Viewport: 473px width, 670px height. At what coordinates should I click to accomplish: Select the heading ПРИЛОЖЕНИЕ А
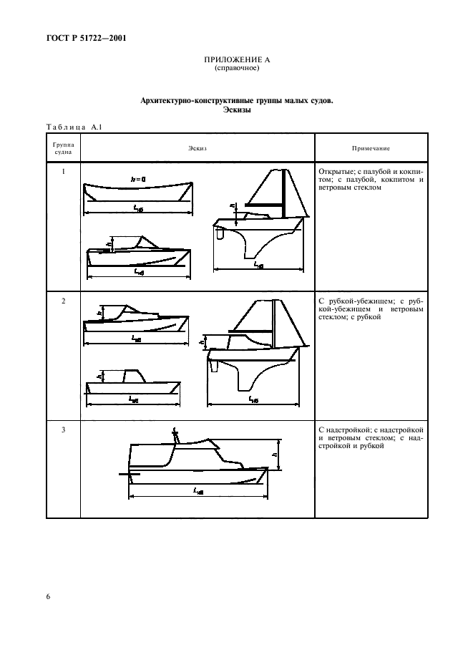point(236,61)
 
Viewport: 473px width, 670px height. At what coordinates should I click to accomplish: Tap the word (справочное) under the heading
point(236,69)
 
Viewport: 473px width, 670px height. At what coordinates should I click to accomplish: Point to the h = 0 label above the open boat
point(138,178)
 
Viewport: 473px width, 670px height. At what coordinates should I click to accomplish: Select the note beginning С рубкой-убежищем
point(371,309)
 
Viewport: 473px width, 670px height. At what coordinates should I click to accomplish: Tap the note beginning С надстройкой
point(371,437)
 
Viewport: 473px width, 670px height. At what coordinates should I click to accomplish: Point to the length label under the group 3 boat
point(198,492)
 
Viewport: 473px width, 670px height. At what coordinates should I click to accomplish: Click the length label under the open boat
point(137,208)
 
